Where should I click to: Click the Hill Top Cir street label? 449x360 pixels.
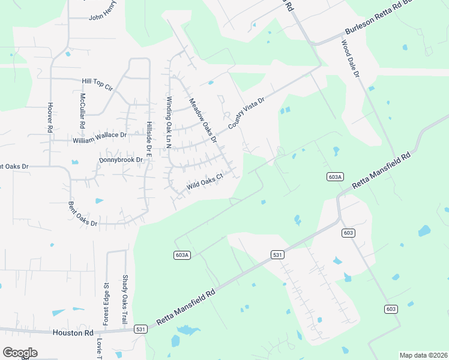[x=97, y=83]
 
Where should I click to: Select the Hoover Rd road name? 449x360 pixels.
[x=50, y=117]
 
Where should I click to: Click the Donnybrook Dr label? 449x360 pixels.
[x=121, y=160]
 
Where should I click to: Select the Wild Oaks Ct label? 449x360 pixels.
[x=205, y=181]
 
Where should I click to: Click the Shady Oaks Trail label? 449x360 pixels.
[x=125, y=300]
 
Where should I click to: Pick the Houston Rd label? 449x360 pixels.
[x=73, y=332]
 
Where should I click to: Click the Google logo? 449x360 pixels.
[x=20, y=353]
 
